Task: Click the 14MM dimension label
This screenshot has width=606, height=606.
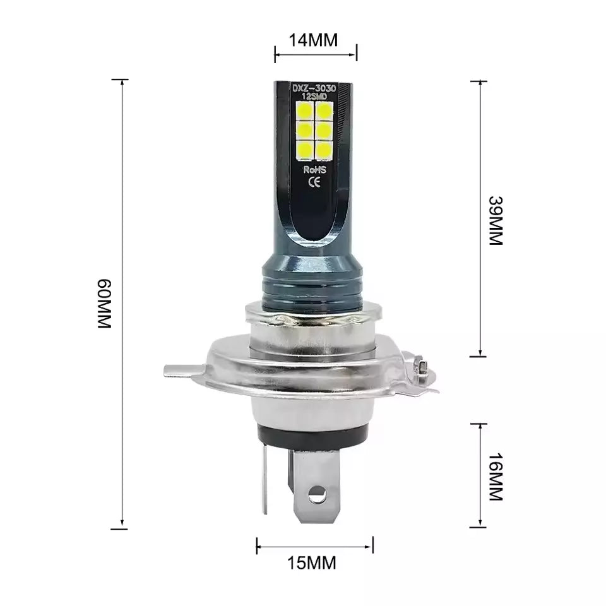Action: point(314,40)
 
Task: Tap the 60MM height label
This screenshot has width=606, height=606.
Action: point(105,302)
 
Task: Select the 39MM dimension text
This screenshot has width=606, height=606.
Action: point(496,220)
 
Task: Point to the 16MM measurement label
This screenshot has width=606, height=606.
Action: point(496,477)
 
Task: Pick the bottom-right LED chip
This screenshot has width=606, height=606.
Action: point(325,149)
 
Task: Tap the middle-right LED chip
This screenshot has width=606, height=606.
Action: point(325,130)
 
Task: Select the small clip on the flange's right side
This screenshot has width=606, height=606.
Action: point(422,368)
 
